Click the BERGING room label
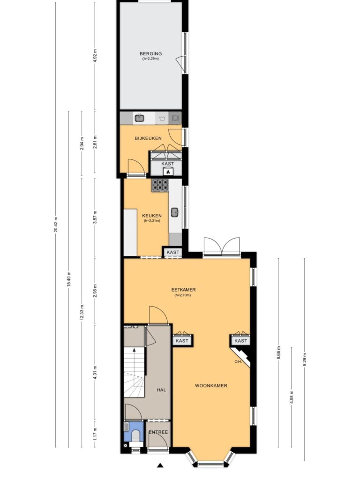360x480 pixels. (150, 53)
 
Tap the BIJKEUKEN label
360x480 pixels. (148, 138)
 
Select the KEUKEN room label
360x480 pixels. (152, 216)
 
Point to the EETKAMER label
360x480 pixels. (183, 290)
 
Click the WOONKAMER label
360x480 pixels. (211, 386)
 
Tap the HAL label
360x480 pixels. (161, 390)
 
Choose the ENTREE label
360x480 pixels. (158, 432)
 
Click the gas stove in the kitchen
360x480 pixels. (160, 185)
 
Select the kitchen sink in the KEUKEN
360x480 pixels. (175, 212)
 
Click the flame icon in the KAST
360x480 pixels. (168, 172)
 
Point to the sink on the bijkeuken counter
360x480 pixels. (140, 118)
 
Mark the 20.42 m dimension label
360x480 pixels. (56, 225)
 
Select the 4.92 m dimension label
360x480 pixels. (95, 56)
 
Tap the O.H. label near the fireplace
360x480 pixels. (238, 361)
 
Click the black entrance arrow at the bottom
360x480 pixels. (160, 465)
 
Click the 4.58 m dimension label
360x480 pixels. (292, 397)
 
